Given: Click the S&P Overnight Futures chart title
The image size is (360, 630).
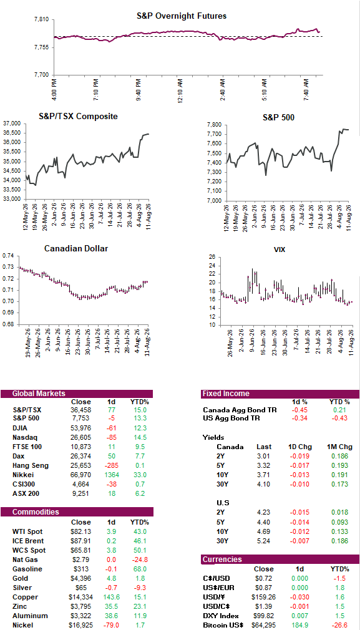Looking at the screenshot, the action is click(x=181, y=16).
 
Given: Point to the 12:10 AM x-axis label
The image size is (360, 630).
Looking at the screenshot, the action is click(x=180, y=90).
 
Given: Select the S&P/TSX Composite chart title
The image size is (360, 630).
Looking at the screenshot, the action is click(x=78, y=117).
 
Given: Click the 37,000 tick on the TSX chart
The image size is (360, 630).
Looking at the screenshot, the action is click(x=12, y=124).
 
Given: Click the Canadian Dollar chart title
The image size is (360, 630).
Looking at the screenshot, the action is click(x=76, y=249).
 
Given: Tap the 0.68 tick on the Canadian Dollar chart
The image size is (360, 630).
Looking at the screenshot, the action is click(x=8, y=324).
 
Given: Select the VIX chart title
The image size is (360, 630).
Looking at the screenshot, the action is click(x=280, y=249).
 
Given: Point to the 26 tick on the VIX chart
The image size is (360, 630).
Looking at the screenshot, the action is click(x=212, y=257).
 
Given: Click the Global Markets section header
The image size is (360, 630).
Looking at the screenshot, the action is click(x=39, y=394).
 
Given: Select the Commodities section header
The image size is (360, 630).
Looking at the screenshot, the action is click(x=36, y=512).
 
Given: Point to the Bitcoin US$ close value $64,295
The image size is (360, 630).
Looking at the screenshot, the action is click(x=263, y=624).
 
